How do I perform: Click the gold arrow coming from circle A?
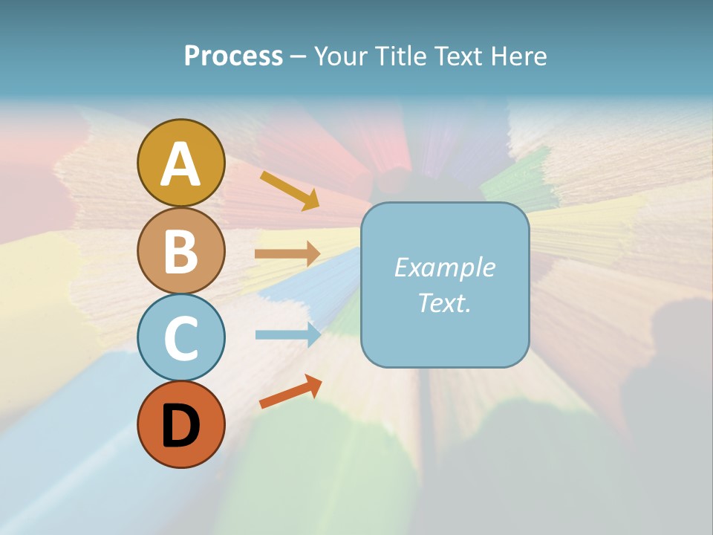290,190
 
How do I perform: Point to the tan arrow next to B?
287,254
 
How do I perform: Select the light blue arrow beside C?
287,334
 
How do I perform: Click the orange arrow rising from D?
290,392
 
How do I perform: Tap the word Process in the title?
233,56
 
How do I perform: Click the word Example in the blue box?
444,267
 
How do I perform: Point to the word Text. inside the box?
444,302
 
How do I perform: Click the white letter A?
180,165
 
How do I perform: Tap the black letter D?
180,427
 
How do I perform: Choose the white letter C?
180,339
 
